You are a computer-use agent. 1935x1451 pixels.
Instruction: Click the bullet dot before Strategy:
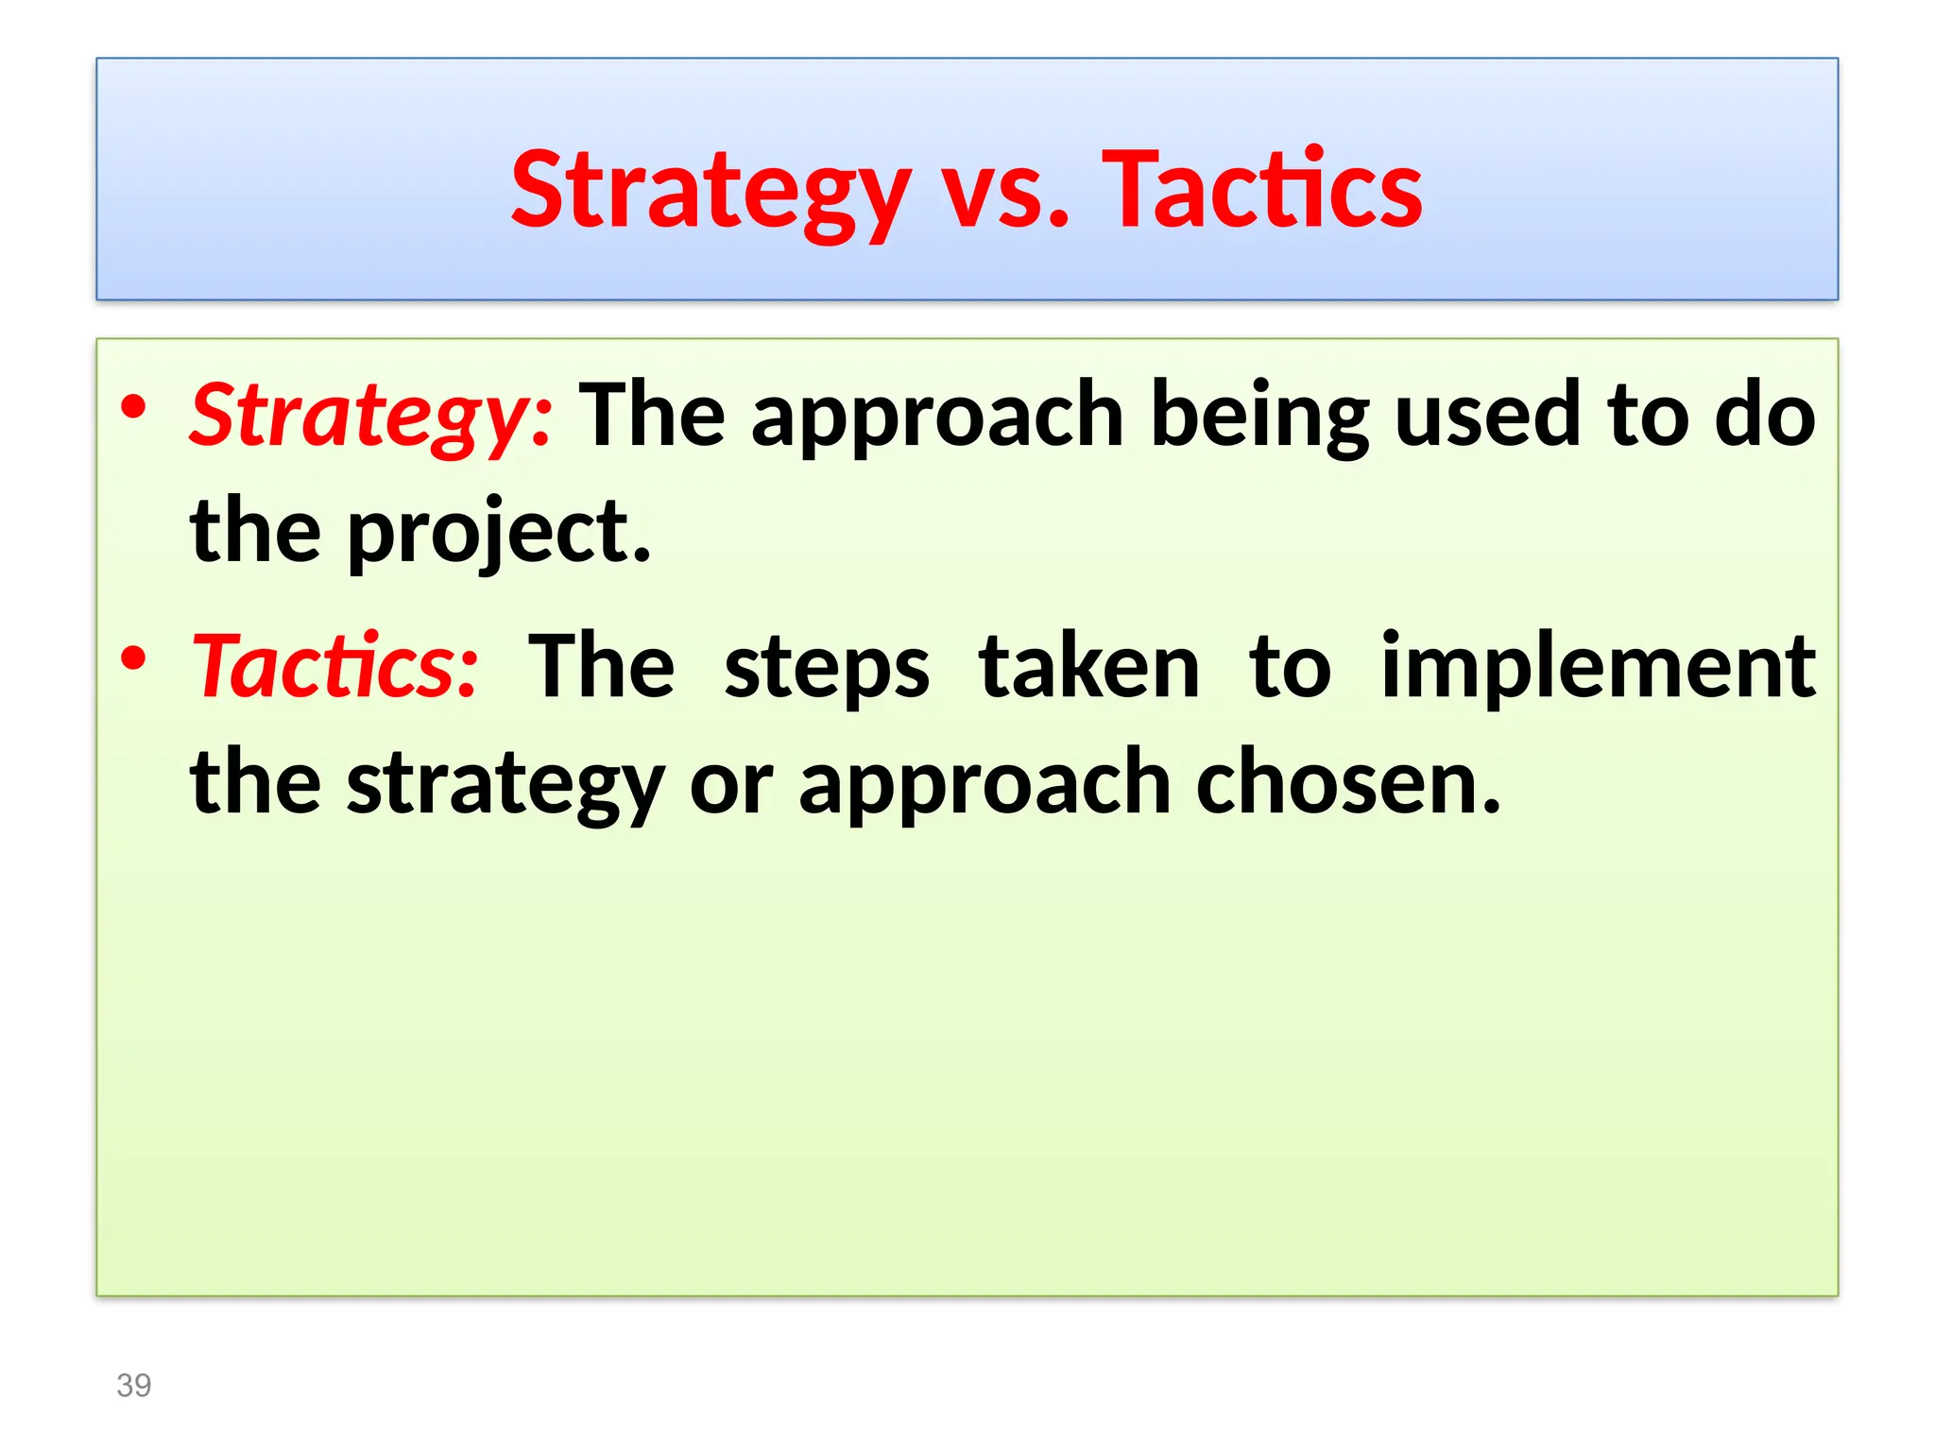134,408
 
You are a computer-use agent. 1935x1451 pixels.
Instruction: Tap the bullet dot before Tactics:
134,658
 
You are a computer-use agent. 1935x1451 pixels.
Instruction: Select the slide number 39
133,1385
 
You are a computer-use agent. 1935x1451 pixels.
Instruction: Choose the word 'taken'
1089,667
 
